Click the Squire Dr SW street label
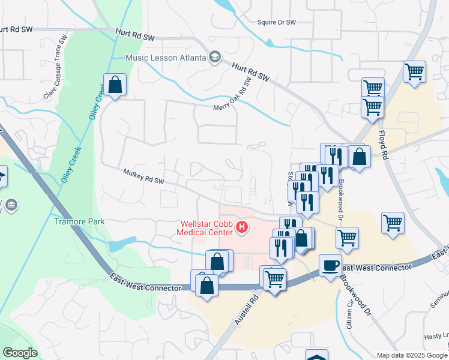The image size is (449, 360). [276, 22]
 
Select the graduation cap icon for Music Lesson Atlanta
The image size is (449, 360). [214, 58]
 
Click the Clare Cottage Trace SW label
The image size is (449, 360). [55, 67]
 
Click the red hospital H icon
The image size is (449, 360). [242, 227]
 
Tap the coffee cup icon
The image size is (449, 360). [330, 266]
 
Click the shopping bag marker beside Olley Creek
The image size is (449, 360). [115, 85]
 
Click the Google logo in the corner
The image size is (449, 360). [20, 353]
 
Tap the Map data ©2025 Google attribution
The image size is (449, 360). [411, 355]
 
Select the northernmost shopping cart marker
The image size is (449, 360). [414, 72]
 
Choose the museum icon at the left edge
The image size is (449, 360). [11, 206]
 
